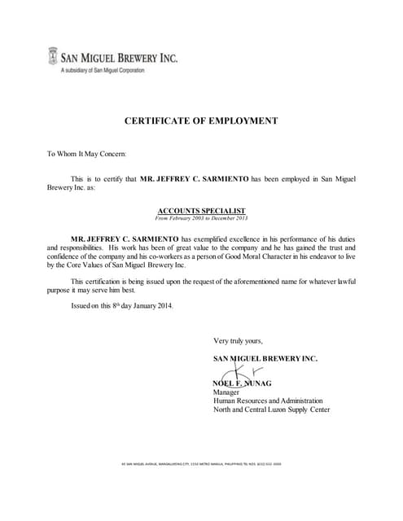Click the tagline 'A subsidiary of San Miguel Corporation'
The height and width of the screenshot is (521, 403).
(x=103, y=72)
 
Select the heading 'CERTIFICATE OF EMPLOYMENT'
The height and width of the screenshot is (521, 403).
(x=200, y=120)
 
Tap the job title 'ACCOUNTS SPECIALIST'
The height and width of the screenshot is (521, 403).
(x=200, y=210)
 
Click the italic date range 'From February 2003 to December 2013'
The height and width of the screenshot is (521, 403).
(x=200, y=218)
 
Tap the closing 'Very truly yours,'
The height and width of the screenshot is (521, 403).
(x=238, y=340)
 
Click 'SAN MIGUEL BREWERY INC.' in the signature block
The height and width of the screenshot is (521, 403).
(x=265, y=358)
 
